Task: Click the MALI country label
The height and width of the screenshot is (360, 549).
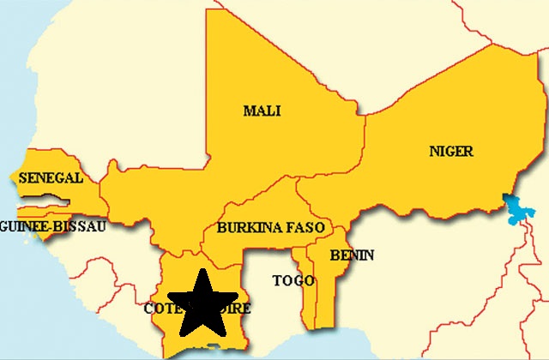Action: [x=262, y=111]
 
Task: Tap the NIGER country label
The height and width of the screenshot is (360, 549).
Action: [x=450, y=152]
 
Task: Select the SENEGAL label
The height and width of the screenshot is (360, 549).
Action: [x=50, y=178]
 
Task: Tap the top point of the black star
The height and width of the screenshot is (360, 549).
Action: [x=203, y=269]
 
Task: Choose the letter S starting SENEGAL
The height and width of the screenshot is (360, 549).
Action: [x=22, y=178]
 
